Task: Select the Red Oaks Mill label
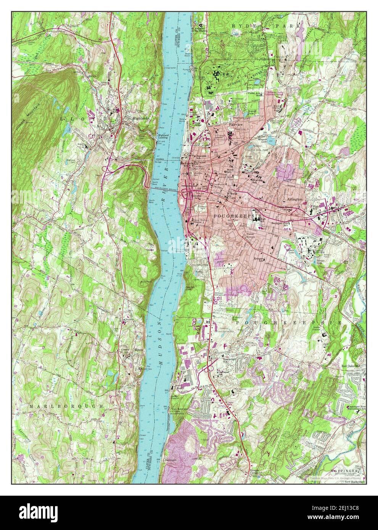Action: (351, 365)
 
